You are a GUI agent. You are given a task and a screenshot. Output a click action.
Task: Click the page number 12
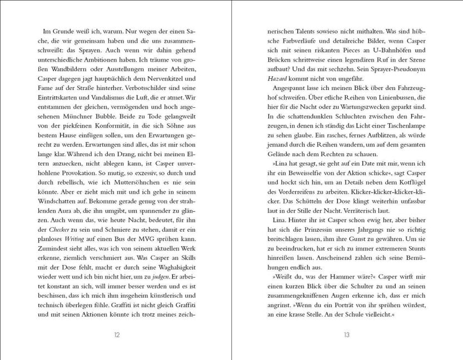pos(116,334)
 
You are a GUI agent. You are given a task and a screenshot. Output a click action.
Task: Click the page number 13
pos(345,334)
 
